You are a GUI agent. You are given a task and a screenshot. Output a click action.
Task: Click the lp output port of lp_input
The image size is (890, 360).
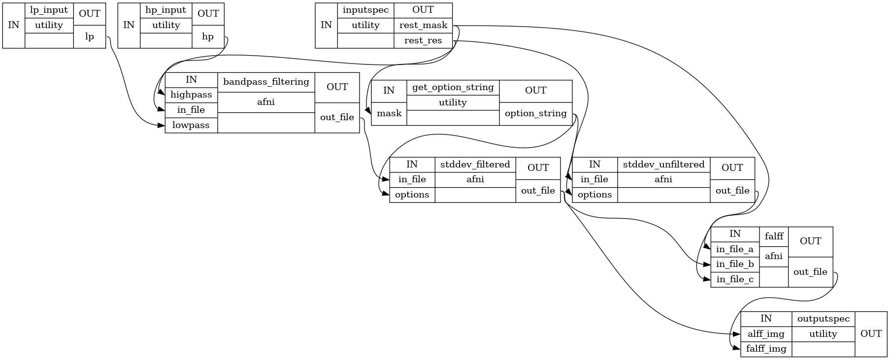pos(90,36)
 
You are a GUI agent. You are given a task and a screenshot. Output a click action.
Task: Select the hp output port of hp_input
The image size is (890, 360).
pos(208,36)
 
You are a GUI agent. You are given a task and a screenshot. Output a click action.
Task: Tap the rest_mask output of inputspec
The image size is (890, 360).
pos(423,25)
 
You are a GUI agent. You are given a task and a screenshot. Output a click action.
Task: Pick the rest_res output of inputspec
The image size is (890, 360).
pos(423,40)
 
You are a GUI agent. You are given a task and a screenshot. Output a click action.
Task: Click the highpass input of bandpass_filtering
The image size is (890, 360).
pos(191,95)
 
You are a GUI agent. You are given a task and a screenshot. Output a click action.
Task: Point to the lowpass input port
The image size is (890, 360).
pos(191,125)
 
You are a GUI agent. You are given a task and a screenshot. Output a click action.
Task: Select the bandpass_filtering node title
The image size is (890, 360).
pos(266,82)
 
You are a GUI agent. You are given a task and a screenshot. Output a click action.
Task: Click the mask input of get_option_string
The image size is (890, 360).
pos(389,113)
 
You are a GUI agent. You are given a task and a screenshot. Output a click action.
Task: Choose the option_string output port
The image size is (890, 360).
pos(536,113)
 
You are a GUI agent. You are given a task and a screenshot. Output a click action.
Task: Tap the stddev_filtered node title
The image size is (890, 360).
pos(475,164)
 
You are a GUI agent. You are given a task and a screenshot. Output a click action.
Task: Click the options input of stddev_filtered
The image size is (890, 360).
pos(412,195)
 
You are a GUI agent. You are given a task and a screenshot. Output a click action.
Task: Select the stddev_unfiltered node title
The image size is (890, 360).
pos(664,164)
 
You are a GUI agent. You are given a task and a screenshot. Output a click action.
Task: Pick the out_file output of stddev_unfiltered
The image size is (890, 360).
pos(732,191)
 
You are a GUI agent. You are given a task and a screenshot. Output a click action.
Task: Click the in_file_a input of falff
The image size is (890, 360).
pos(735,249)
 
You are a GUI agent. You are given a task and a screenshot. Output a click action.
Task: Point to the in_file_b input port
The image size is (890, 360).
pos(735,264)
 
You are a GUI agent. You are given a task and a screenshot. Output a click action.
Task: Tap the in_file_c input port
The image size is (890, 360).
pos(735,280)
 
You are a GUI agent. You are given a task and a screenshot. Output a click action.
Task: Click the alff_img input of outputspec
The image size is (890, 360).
pos(766,334)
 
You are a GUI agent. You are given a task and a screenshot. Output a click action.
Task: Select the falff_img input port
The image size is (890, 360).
pos(766,349)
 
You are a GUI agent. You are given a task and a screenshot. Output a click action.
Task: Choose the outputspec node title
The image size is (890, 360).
pos(824,319)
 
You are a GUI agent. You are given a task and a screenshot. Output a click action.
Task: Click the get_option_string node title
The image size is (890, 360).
pos(453,88)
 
